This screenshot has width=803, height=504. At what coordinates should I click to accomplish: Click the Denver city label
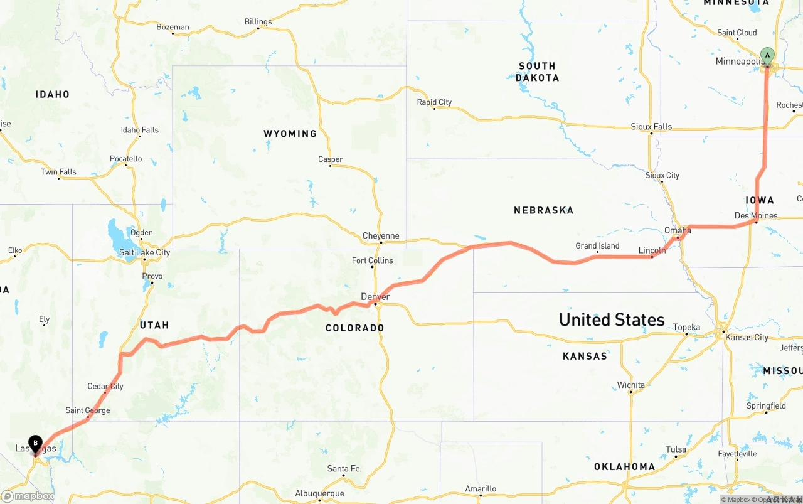pyautogui.click(x=375, y=297)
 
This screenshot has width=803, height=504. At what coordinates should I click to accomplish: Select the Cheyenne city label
pyautogui.click(x=380, y=236)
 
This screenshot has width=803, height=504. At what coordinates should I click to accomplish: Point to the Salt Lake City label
pyautogui.click(x=144, y=252)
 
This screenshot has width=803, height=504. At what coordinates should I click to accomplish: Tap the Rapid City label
pyautogui.click(x=434, y=102)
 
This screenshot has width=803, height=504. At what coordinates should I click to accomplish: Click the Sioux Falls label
pyautogui.click(x=651, y=127)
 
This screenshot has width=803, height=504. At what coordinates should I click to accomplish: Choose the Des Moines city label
pyautogui.click(x=755, y=216)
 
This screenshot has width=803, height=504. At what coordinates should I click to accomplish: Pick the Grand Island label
pyautogui.click(x=597, y=246)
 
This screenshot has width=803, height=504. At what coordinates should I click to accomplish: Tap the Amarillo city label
pyautogui.click(x=481, y=489)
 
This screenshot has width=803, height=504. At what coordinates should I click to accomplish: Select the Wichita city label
pyautogui.click(x=630, y=385)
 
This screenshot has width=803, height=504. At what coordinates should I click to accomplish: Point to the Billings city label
pyautogui.click(x=258, y=22)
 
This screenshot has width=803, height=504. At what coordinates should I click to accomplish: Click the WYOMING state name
pyautogui.click(x=290, y=134)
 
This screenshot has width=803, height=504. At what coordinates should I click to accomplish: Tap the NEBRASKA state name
pyautogui.click(x=543, y=210)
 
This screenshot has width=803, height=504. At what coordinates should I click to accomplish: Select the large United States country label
pyautogui.click(x=612, y=319)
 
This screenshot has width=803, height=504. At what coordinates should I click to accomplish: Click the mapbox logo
pyautogui.click(x=28, y=496)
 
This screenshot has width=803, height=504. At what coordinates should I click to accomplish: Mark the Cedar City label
pyautogui.click(x=105, y=386)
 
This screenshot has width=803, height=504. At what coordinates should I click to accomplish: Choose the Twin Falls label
pyautogui.click(x=58, y=172)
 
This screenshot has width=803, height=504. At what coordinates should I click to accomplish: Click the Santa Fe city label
pyautogui.click(x=343, y=469)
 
